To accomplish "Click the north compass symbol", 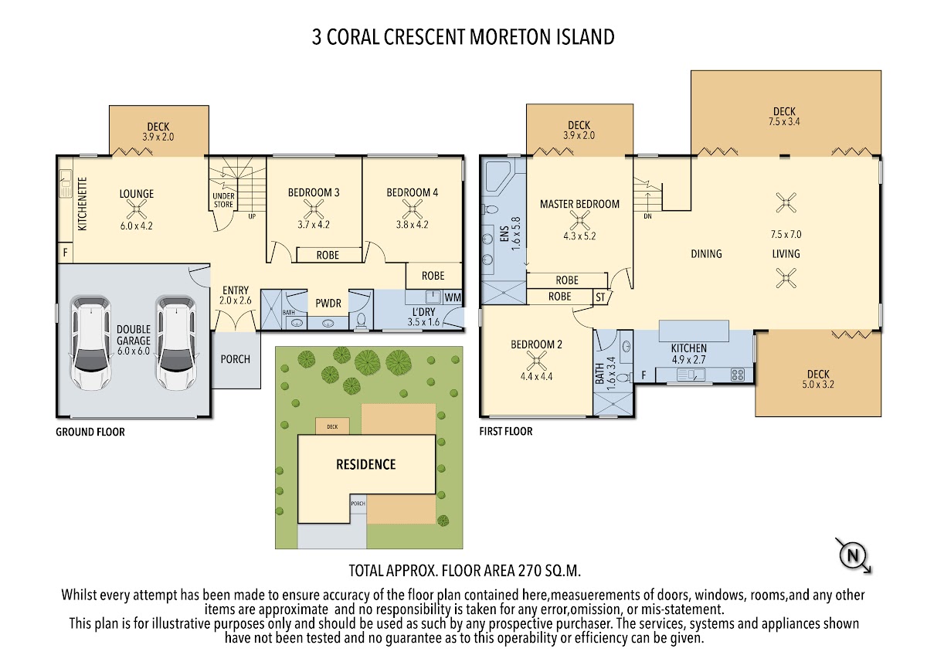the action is tap(854, 555).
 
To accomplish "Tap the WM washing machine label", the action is tap(453, 297).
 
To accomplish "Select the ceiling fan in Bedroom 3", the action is tap(314, 209).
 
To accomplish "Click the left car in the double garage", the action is tap(90, 343).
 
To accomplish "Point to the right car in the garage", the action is tap(176, 343).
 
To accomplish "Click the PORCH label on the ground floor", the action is tap(235, 358).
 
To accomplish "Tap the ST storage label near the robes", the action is tap(600, 297).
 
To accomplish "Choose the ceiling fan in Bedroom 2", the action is tap(536, 361).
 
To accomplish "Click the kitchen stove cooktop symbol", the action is tap(738, 375).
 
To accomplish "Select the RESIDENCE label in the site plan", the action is tap(366, 464).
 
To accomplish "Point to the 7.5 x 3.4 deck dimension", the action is tap(784, 121).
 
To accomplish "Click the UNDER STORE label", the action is tap(223, 200).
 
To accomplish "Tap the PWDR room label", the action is tap(328, 304).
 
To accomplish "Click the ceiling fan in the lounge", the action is tap(136, 210).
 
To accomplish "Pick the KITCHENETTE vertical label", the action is tap(83, 204).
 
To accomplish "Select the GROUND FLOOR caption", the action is tap(90, 432).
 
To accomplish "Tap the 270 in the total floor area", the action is tap(529, 571).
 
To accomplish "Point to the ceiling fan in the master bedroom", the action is tap(579, 221).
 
